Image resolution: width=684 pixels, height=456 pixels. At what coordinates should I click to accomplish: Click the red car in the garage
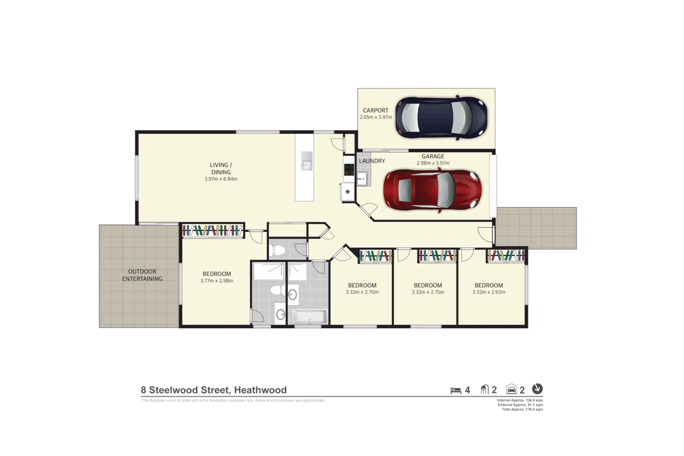click(432, 190)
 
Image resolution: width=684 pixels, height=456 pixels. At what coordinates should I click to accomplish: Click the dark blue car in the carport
click(441, 118)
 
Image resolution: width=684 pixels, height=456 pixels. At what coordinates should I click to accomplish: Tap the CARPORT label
click(375, 110)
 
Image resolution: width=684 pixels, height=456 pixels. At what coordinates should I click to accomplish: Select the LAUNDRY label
click(372, 161)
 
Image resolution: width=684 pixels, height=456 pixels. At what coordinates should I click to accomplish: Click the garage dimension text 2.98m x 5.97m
click(433, 163)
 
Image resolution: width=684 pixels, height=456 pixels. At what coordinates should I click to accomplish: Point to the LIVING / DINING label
click(221, 168)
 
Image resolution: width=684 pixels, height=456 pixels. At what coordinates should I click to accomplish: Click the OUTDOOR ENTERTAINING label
click(142, 275)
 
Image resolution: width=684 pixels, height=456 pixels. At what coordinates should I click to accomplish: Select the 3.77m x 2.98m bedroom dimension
click(216, 281)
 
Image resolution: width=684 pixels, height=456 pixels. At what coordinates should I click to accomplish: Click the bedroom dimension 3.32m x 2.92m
click(488, 292)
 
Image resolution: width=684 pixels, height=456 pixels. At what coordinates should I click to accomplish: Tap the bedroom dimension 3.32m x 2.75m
click(428, 292)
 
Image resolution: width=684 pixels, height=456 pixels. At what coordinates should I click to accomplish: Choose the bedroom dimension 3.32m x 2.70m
click(362, 292)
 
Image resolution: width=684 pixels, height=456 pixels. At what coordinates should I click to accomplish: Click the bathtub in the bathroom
click(309, 317)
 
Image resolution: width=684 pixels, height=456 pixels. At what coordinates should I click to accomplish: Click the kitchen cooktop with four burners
click(349, 169)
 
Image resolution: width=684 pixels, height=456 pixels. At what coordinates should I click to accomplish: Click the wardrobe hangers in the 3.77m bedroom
click(213, 231)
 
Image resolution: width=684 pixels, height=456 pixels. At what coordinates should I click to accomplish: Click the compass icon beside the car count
click(537, 388)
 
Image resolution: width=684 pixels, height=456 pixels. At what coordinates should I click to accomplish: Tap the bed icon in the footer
click(455, 390)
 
